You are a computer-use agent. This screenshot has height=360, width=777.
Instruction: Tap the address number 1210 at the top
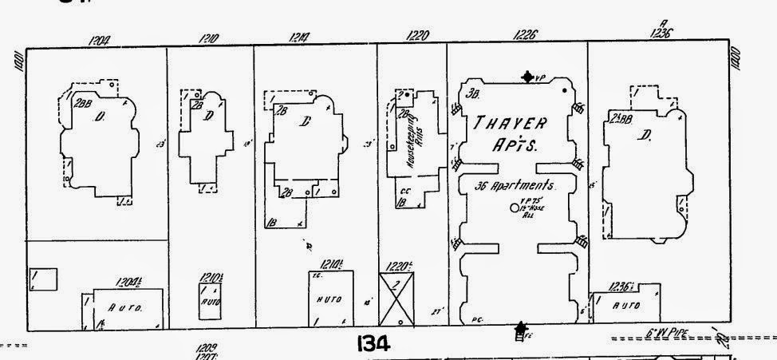(x=210, y=37)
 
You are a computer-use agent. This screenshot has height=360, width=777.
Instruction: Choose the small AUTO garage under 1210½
(x=210, y=297)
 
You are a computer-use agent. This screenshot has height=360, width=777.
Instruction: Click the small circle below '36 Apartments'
(x=514, y=208)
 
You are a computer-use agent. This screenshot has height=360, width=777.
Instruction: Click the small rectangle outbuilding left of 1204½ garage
(x=43, y=279)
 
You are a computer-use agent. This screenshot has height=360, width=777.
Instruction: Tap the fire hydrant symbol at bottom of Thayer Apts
(x=522, y=328)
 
